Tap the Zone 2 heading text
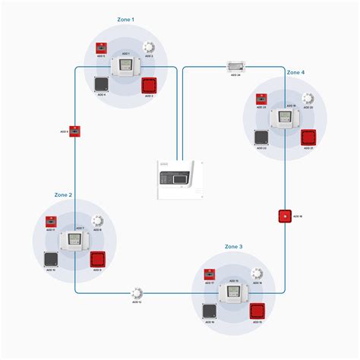(x=63, y=194)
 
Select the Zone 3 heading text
(x=234, y=247)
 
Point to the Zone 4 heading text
(x=295, y=72)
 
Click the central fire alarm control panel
(x=180, y=180)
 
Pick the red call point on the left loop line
(x=75, y=131)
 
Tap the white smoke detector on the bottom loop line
(x=137, y=292)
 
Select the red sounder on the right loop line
(x=285, y=216)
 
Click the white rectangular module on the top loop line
(x=238, y=66)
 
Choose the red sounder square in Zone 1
(x=149, y=85)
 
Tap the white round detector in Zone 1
(x=148, y=47)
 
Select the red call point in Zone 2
(x=50, y=221)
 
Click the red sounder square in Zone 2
(x=98, y=259)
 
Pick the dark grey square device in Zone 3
(x=209, y=311)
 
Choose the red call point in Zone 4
(x=260, y=99)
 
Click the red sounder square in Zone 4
(x=308, y=137)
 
